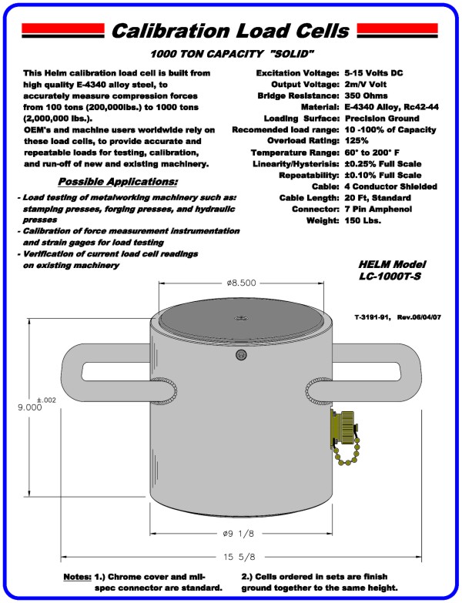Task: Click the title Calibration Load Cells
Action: point(230,30)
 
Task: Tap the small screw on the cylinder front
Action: point(240,355)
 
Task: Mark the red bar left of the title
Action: point(62,30)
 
